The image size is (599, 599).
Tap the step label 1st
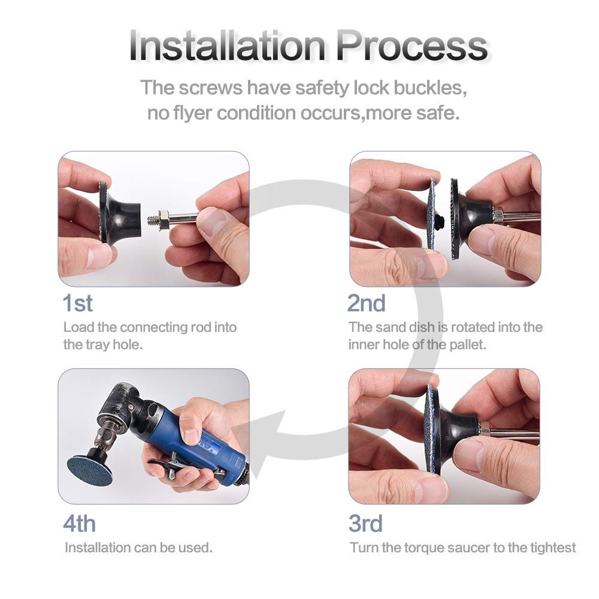78,304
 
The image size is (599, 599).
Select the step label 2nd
367,304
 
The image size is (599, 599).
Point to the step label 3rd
365,524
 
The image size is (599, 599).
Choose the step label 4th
79,524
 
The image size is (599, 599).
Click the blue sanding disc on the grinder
89,470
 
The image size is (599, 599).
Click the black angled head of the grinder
120,407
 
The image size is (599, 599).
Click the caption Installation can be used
138,547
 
